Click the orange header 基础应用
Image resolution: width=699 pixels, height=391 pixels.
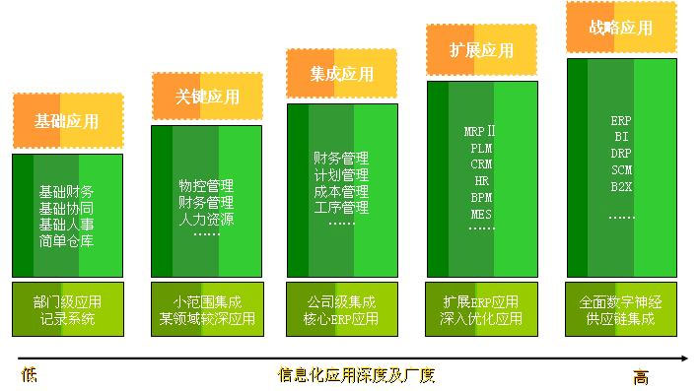(x=68, y=121)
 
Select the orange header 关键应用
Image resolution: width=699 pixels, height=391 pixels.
(x=207, y=97)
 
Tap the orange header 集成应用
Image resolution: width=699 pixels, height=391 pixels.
(x=341, y=73)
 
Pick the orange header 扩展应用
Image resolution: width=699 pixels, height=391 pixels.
(x=481, y=49)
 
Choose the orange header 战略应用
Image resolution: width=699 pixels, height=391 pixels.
(x=621, y=28)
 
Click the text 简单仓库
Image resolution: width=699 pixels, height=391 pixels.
(x=67, y=241)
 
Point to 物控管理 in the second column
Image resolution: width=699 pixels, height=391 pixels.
(x=206, y=185)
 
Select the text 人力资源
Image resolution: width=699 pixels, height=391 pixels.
(x=206, y=219)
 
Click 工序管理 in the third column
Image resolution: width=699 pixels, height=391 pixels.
(x=341, y=208)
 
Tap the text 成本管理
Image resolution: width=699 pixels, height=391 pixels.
(x=341, y=191)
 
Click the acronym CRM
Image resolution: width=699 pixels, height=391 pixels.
(x=481, y=164)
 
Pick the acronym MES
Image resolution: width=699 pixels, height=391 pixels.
(x=481, y=214)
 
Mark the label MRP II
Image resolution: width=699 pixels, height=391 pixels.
(x=481, y=131)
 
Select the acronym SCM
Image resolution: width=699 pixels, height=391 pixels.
(x=621, y=169)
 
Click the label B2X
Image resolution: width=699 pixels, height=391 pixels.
(x=621, y=185)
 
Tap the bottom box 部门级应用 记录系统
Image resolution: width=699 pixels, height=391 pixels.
(x=67, y=309)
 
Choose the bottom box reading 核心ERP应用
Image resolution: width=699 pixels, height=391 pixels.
(x=341, y=318)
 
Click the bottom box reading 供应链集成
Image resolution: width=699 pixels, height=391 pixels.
(x=621, y=318)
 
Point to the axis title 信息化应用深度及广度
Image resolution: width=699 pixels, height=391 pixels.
(x=356, y=375)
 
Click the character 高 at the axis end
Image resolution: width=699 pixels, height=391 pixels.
(x=642, y=376)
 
